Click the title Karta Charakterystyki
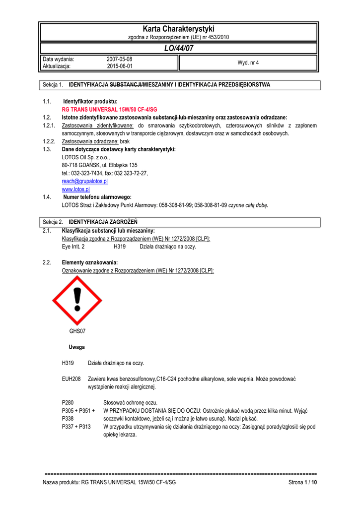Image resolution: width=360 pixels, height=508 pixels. click(x=178, y=29)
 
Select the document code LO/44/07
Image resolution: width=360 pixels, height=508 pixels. click(x=178, y=48)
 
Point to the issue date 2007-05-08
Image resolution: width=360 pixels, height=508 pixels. click(x=119, y=59)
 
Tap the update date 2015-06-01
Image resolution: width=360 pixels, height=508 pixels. click(x=119, y=66)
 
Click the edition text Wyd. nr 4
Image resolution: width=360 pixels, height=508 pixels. click(x=248, y=63)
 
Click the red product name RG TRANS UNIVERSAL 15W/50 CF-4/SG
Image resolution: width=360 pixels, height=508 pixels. click(x=109, y=109)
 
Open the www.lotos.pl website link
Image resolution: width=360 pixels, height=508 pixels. click(x=75, y=189)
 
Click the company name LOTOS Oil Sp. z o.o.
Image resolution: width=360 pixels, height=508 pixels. click(x=85, y=157)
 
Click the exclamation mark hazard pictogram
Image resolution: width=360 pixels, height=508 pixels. click(x=76, y=300)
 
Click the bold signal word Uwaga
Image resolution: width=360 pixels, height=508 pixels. click(x=76, y=347)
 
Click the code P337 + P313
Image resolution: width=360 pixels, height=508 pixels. click(x=76, y=427)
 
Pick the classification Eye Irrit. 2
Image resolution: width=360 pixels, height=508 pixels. click(x=73, y=247)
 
